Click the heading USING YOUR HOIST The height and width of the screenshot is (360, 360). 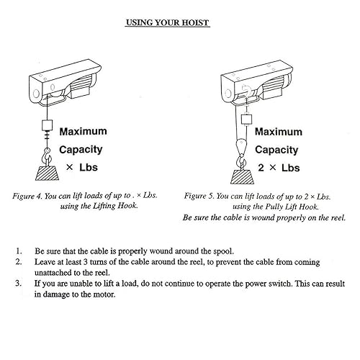[167, 23]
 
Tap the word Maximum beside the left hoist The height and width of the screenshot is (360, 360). [83, 132]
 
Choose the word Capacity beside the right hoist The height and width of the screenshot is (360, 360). [279, 150]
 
